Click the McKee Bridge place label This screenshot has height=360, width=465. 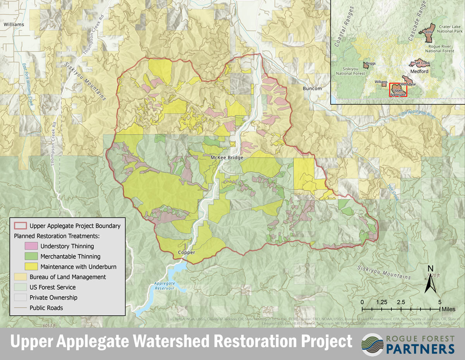coord(227,158)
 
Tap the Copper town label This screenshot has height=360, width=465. coord(186,252)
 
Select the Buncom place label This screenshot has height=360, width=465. coord(312,88)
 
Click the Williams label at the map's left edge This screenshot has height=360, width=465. coord(14,24)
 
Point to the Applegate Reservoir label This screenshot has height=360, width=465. coord(165,286)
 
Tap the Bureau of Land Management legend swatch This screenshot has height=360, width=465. coord(20,277)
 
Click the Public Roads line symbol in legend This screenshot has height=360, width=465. coord(20,308)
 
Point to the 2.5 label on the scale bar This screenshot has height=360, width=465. coord(401,302)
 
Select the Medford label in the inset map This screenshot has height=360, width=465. coord(419,72)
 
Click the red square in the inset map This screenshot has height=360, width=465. coord(398,90)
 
